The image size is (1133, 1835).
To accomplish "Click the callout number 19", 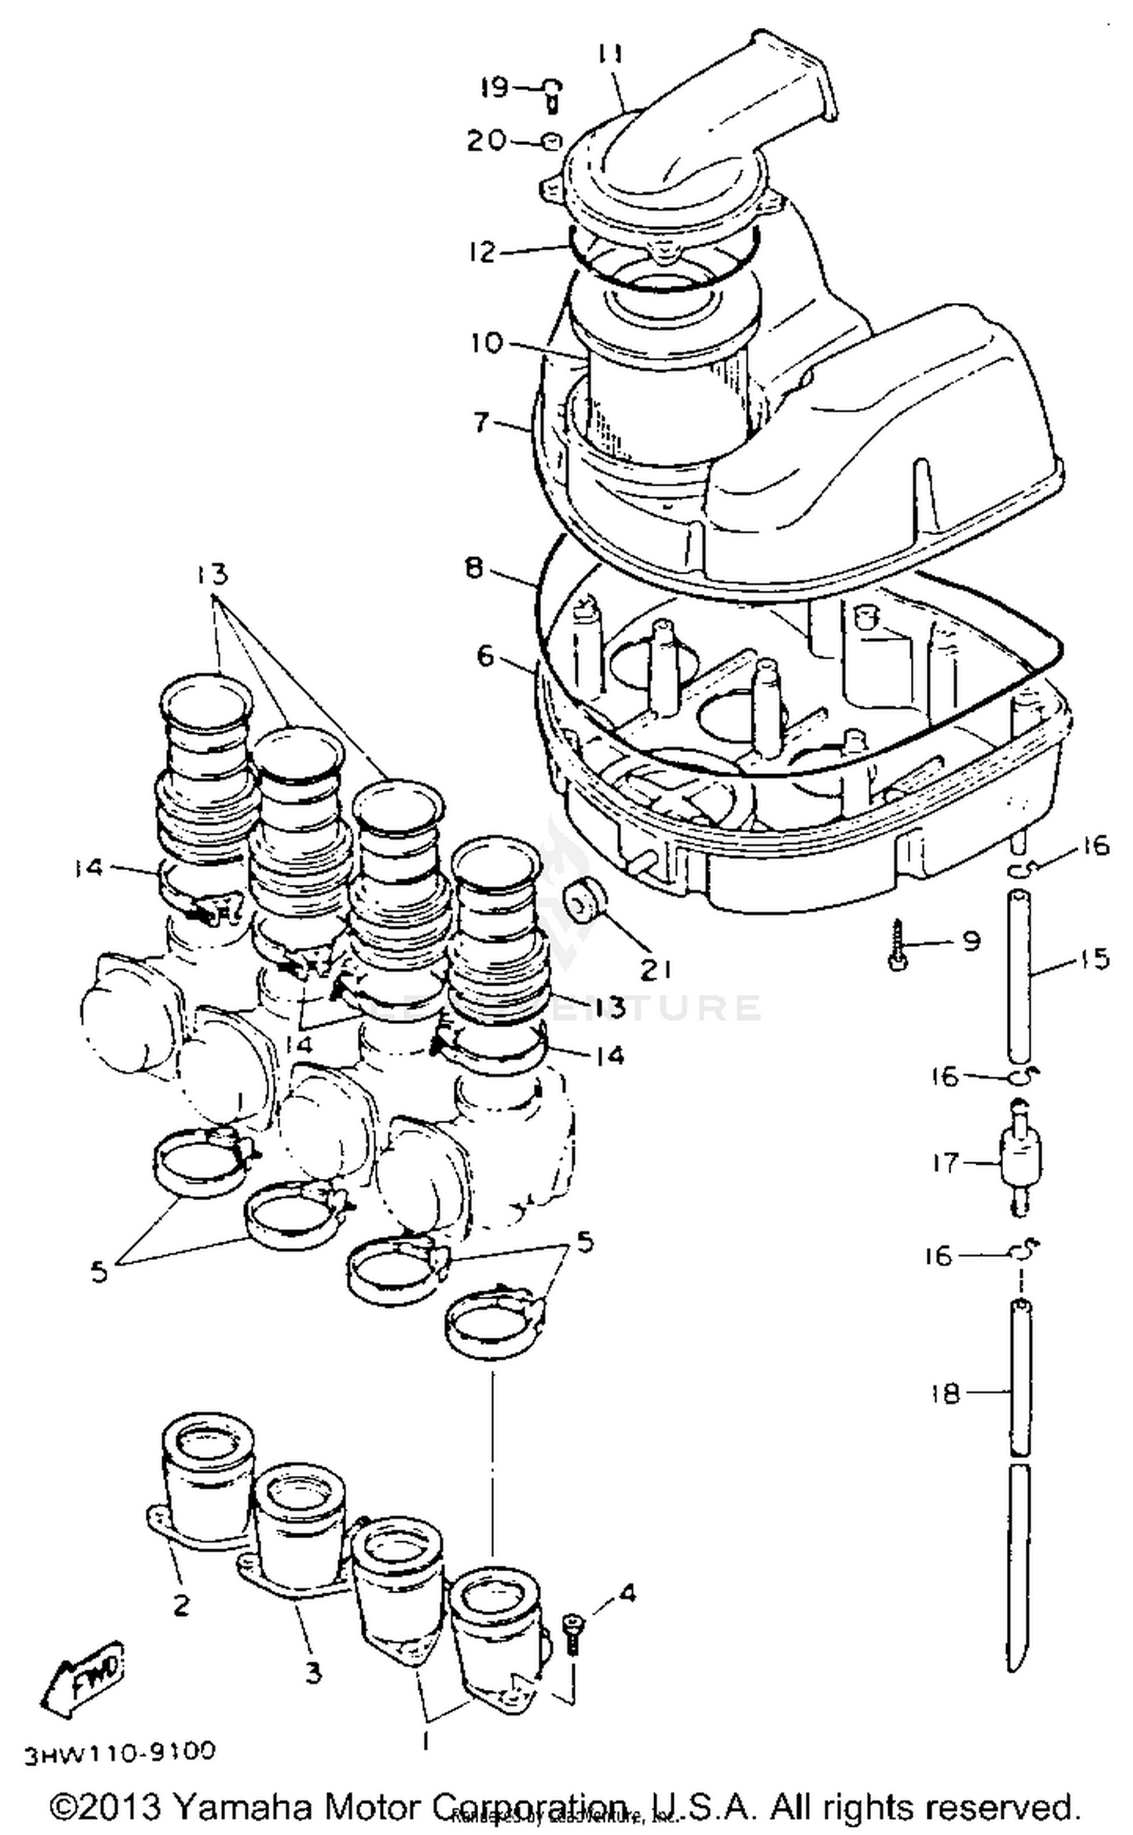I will pos(495,88).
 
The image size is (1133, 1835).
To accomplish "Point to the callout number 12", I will pos(481,252).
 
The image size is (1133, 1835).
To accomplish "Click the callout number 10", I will pos(486,343).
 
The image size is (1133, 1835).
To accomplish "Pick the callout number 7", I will pos(482,421).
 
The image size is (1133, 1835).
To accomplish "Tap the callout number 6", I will pos(485,656).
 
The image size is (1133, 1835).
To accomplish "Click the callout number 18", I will pos(945,1393).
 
